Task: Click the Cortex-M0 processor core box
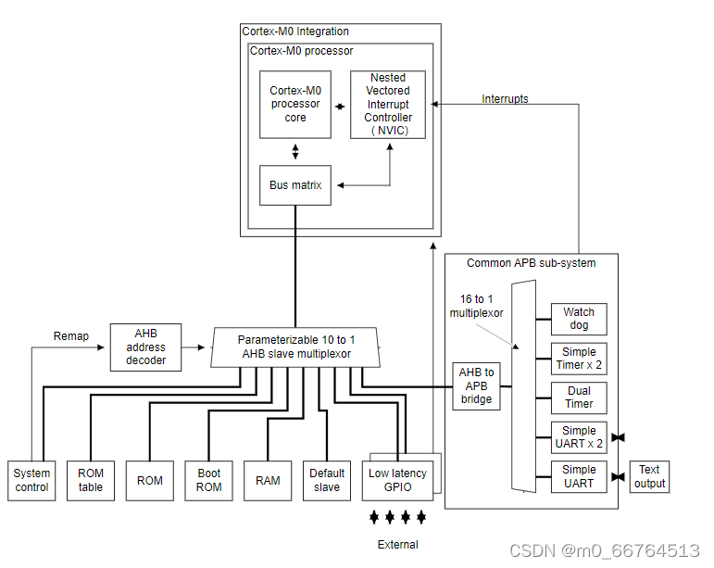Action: coord(294,104)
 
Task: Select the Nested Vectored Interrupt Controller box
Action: coord(388,105)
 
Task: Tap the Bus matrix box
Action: coord(295,185)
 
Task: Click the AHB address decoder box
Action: coord(145,346)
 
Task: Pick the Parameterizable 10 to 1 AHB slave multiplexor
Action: coord(295,347)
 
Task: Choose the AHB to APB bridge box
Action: coord(477,385)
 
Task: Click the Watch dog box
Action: coord(579,319)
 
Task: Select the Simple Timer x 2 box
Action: coord(579,358)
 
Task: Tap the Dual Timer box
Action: coord(579,398)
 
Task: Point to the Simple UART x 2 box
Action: coord(579,436)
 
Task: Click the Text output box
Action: coord(649,477)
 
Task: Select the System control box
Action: coord(31,480)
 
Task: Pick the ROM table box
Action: coord(91,480)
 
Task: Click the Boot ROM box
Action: coord(208,480)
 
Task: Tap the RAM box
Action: coord(268,480)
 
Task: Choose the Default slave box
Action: coord(327,480)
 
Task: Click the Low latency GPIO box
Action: coord(397,479)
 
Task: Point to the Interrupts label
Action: coord(505,99)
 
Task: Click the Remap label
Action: coord(71,336)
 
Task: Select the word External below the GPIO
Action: coord(397,545)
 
